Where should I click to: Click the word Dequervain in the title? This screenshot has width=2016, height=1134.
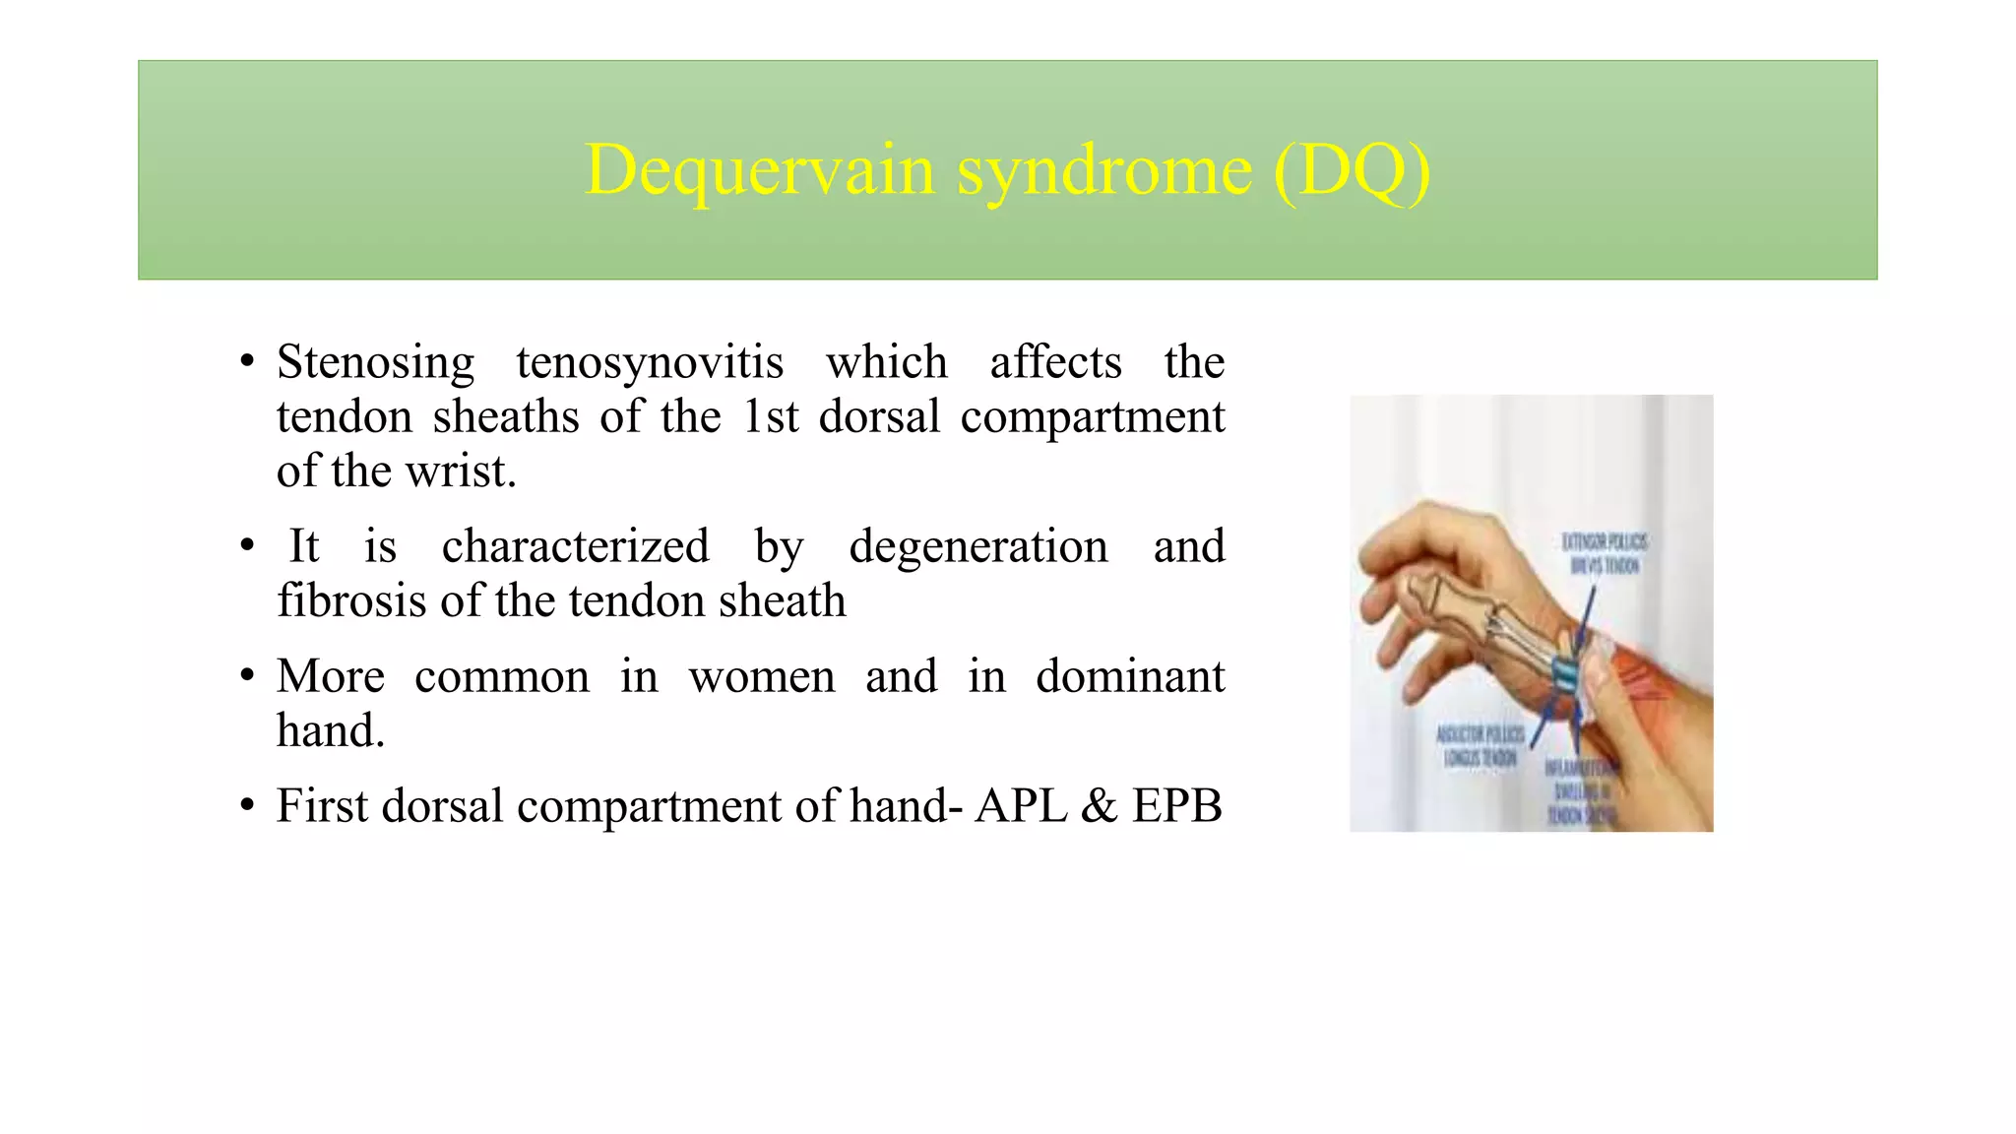pos(758,170)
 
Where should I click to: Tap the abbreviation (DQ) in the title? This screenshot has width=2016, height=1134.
pos(1352,170)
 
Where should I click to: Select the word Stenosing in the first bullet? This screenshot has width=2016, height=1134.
pos(375,362)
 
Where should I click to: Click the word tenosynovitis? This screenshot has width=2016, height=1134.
pos(650,362)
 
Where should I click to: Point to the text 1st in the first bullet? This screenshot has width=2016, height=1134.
pos(770,416)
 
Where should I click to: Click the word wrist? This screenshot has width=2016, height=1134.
pos(461,472)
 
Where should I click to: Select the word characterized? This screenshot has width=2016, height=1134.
pos(575,546)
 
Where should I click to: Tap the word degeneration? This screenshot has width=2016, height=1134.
pos(978,546)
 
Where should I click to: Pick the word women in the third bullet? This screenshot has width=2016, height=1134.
pos(762,676)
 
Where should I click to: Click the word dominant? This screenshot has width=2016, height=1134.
pos(1130,676)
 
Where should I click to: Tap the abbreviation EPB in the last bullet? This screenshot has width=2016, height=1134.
pos(1176,806)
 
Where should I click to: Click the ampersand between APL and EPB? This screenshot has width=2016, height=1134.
pos(1099,806)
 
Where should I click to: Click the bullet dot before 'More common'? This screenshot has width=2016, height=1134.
pos(247,676)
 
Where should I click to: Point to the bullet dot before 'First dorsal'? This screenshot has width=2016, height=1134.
pos(247,806)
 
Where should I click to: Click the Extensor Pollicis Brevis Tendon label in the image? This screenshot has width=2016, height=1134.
pos(1605,553)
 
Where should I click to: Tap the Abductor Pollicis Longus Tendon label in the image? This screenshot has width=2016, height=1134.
pos(1480,746)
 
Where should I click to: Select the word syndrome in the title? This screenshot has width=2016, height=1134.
pos(1105,170)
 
